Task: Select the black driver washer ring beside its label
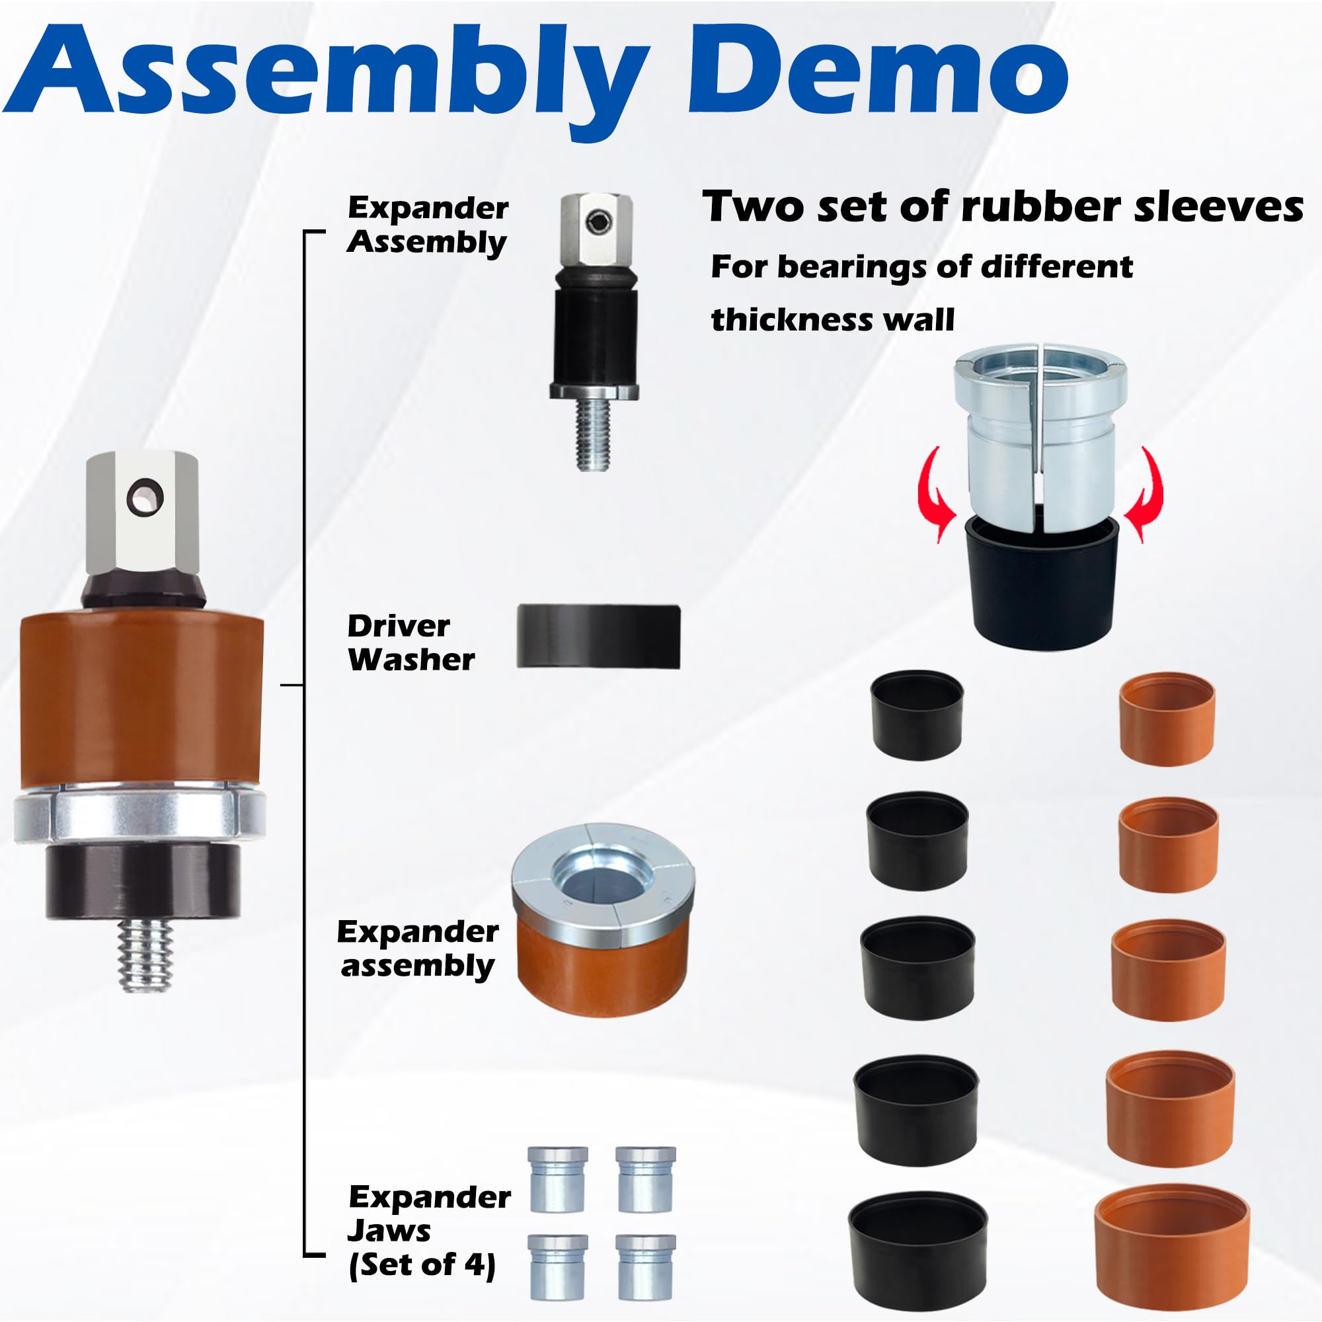pos(598,637)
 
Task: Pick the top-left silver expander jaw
pos(558,1179)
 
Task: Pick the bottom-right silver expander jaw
pos(645,1266)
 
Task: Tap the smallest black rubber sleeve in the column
pos(917,715)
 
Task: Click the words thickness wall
pos(832,319)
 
